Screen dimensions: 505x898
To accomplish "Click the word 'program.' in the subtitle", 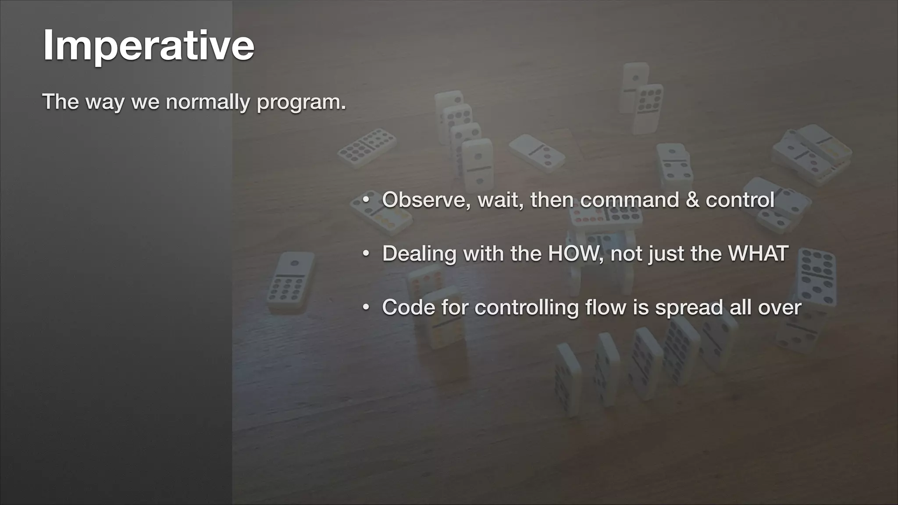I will point(301,103).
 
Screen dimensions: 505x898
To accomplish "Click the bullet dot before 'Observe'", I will point(366,200).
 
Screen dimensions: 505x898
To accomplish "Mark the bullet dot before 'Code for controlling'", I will point(366,307).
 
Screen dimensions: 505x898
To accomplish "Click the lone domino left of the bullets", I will point(291,281).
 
